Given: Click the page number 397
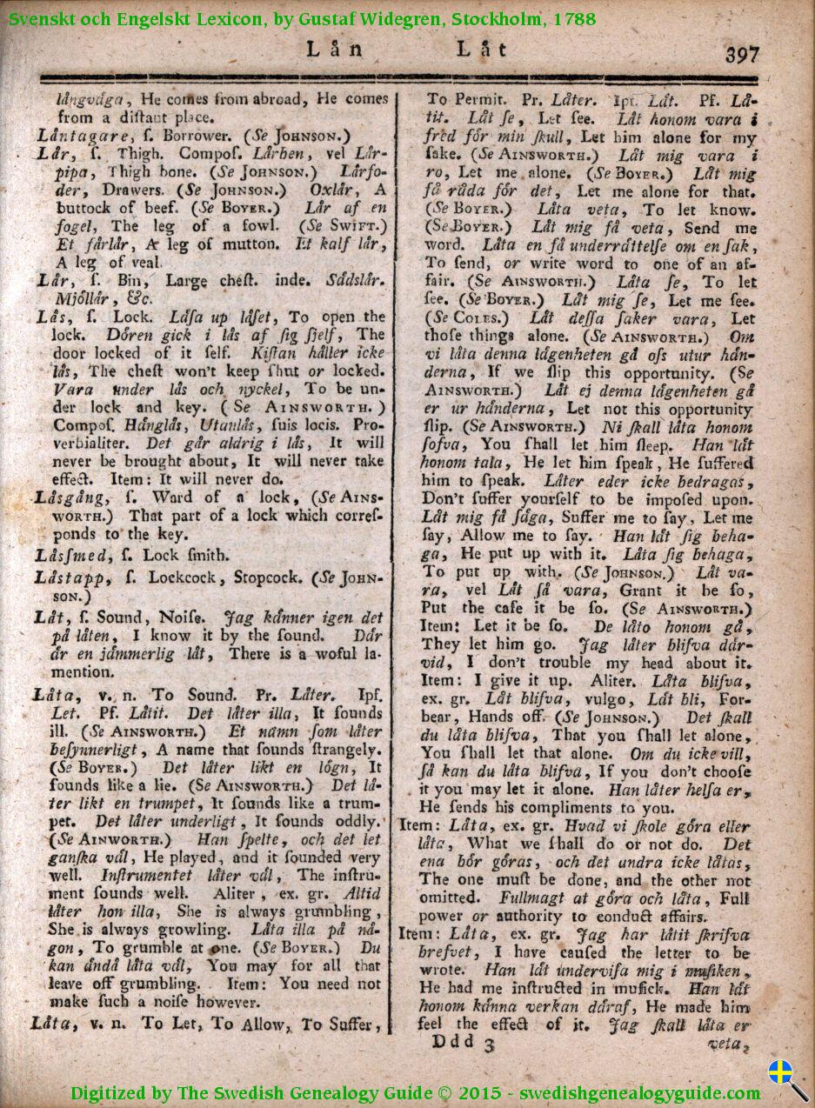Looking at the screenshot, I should pos(742,54).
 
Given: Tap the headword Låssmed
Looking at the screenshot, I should pos(71,555).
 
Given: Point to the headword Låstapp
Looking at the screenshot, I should pos(70,577).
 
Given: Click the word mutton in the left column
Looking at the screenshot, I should pos(228,244).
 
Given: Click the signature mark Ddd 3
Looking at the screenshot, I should pos(463,1042).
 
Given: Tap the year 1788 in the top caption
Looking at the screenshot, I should pos(573,18).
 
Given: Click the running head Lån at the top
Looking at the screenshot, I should pos(334,50).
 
